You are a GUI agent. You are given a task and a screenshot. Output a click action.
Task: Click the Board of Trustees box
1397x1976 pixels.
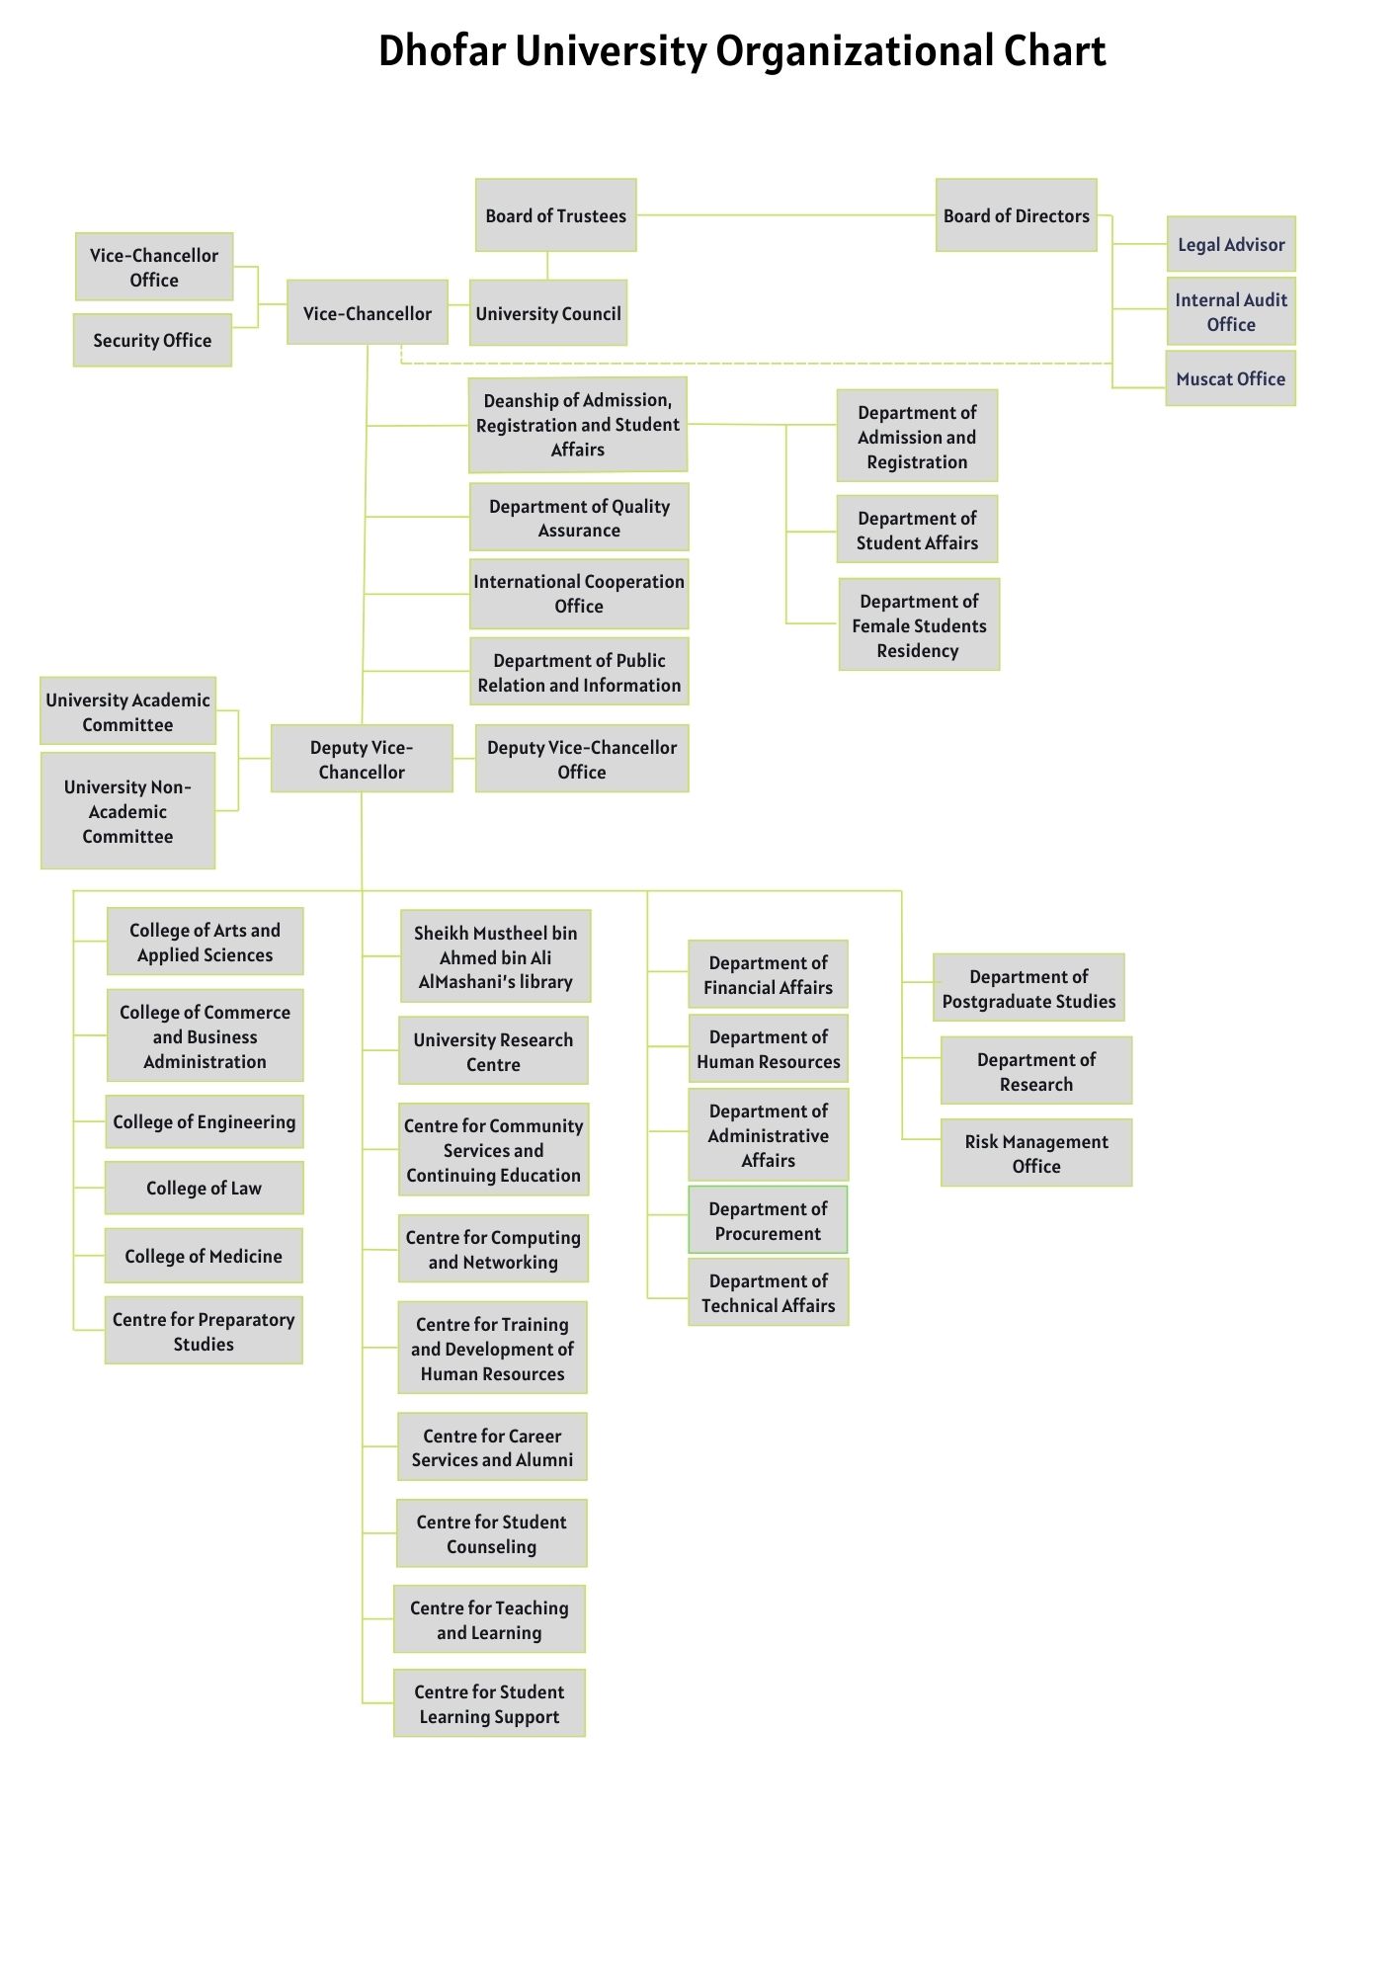click(555, 215)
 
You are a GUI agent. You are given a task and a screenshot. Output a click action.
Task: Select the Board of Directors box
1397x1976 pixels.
click(1016, 215)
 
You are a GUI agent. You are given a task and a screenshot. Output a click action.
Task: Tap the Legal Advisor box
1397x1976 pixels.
click(1230, 244)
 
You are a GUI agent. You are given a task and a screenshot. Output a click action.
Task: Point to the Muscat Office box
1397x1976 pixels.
click(1230, 378)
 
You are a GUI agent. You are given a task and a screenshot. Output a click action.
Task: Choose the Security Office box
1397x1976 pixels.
click(152, 341)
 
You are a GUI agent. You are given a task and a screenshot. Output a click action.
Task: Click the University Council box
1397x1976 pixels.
click(548, 313)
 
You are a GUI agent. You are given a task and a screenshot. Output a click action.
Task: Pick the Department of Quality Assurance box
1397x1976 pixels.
click(579, 518)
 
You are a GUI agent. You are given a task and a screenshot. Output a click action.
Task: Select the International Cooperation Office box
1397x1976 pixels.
click(579, 594)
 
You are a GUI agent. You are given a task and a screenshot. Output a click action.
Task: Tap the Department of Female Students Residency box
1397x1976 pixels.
click(919, 625)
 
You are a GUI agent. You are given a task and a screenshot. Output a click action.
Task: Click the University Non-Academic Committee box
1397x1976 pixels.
click(127, 811)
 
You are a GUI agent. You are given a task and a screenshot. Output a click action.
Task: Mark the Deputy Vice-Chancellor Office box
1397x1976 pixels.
click(582, 759)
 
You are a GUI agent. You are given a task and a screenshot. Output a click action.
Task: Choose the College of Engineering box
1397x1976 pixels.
click(204, 1121)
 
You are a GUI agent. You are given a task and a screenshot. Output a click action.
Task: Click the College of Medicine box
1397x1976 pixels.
click(204, 1256)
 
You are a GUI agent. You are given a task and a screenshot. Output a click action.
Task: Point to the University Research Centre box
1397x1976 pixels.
click(493, 1051)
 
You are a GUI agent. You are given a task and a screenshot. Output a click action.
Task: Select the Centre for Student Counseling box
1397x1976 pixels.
click(491, 1533)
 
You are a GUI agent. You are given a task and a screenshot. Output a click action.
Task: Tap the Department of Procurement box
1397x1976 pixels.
click(768, 1220)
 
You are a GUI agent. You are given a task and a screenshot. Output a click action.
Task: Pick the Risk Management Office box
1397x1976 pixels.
click(1035, 1153)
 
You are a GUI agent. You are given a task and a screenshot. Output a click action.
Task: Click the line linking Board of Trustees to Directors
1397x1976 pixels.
click(785, 214)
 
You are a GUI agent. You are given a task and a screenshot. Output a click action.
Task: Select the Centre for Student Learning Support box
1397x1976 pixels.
click(489, 1703)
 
